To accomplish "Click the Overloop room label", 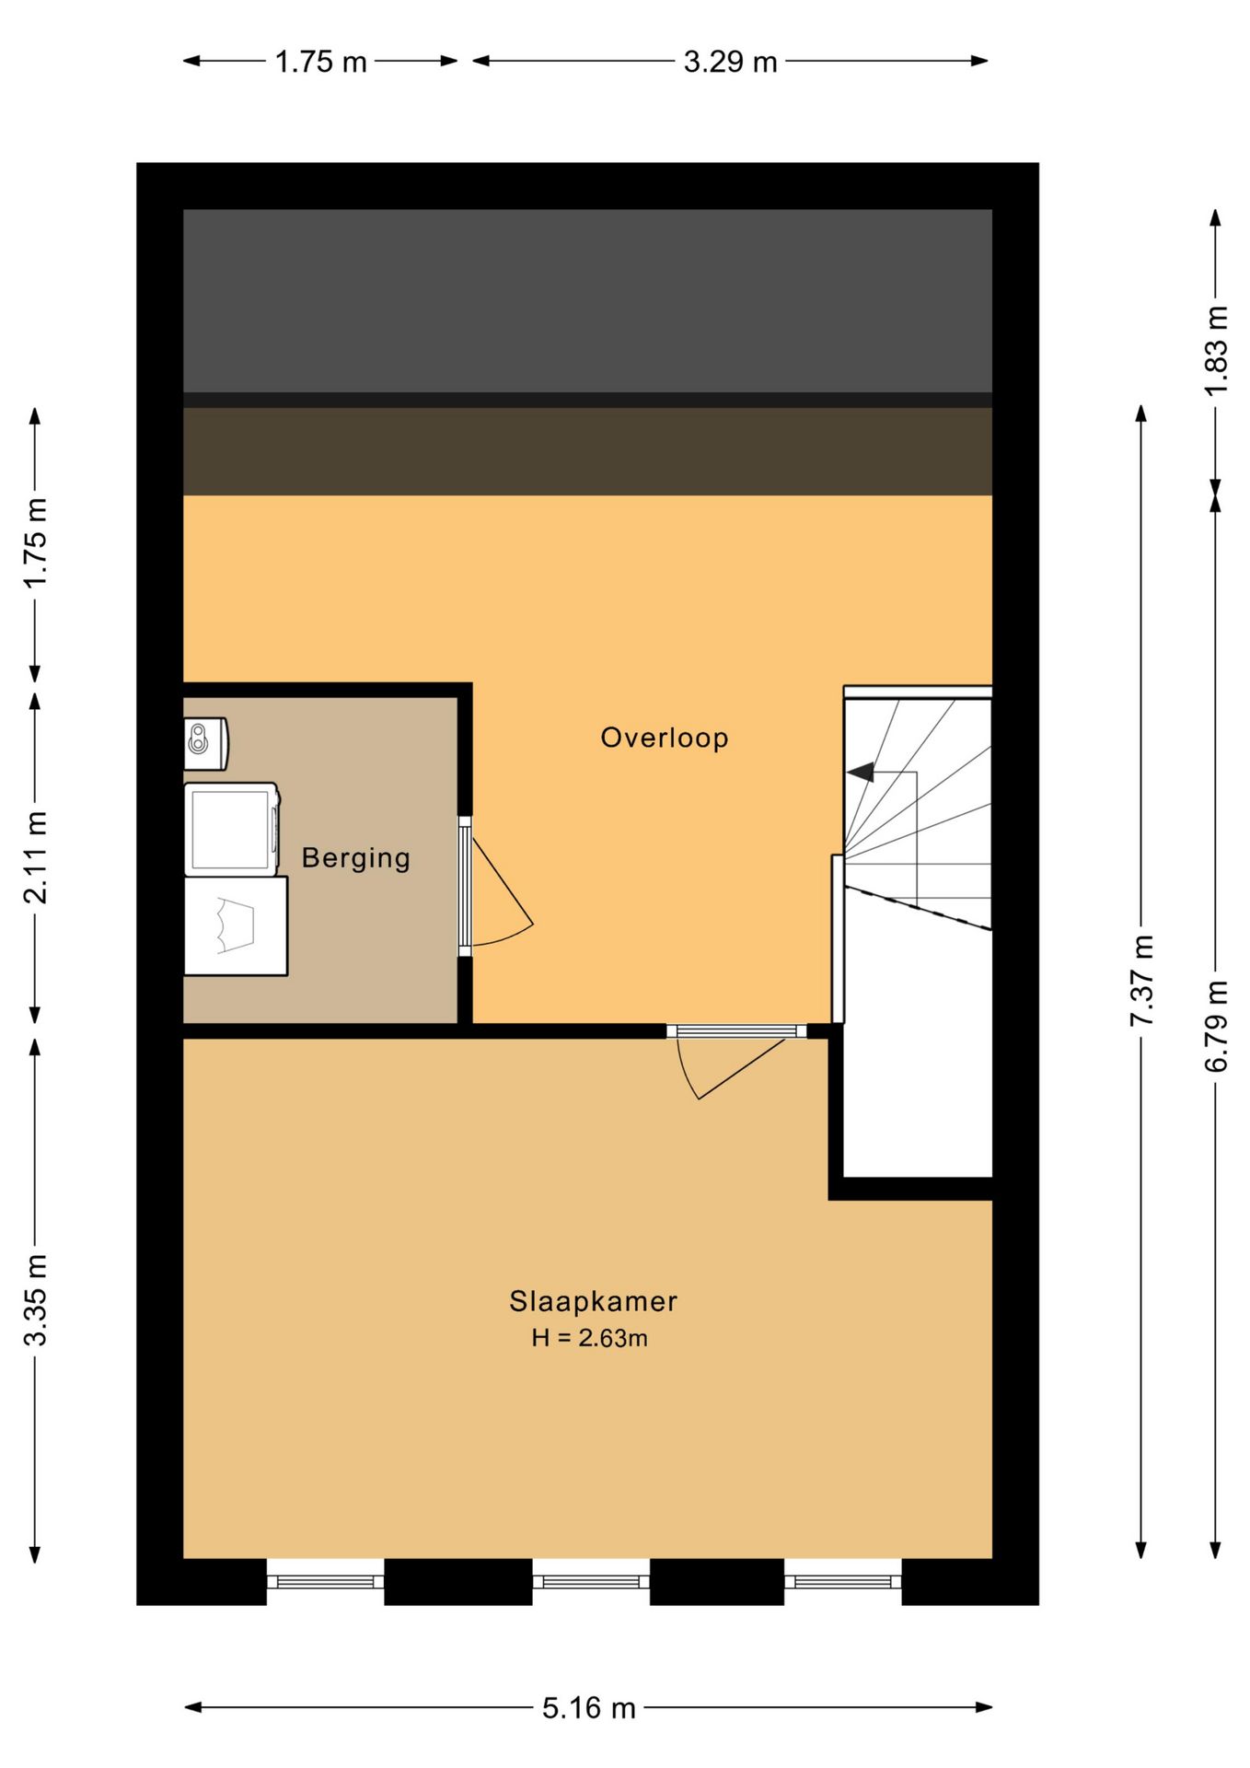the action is (x=665, y=738).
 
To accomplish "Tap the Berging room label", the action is (x=356, y=858).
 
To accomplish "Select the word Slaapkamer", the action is (x=594, y=1301).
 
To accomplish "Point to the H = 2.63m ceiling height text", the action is (x=590, y=1338).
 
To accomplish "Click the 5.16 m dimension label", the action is (x=589, y=1708).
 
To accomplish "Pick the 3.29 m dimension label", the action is (x=731, y=62).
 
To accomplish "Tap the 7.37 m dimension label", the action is (x=1141, y=981).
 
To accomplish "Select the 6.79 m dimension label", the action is (x=1216, y=1026).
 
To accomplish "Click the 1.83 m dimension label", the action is (x=1216, y=351).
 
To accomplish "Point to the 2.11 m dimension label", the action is (x=35, y=857).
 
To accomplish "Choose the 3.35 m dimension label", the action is (x=35, y=1299).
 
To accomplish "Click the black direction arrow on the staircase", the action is (x=861, y=773).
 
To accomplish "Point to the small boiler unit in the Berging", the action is (x=206, y=743).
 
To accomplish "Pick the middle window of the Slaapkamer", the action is (x=591, y=1582).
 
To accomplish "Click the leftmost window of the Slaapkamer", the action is (x=325, y=1582).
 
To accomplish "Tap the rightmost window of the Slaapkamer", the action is (x=843, y=1582).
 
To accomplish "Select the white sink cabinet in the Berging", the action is (x=236, y=925).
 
